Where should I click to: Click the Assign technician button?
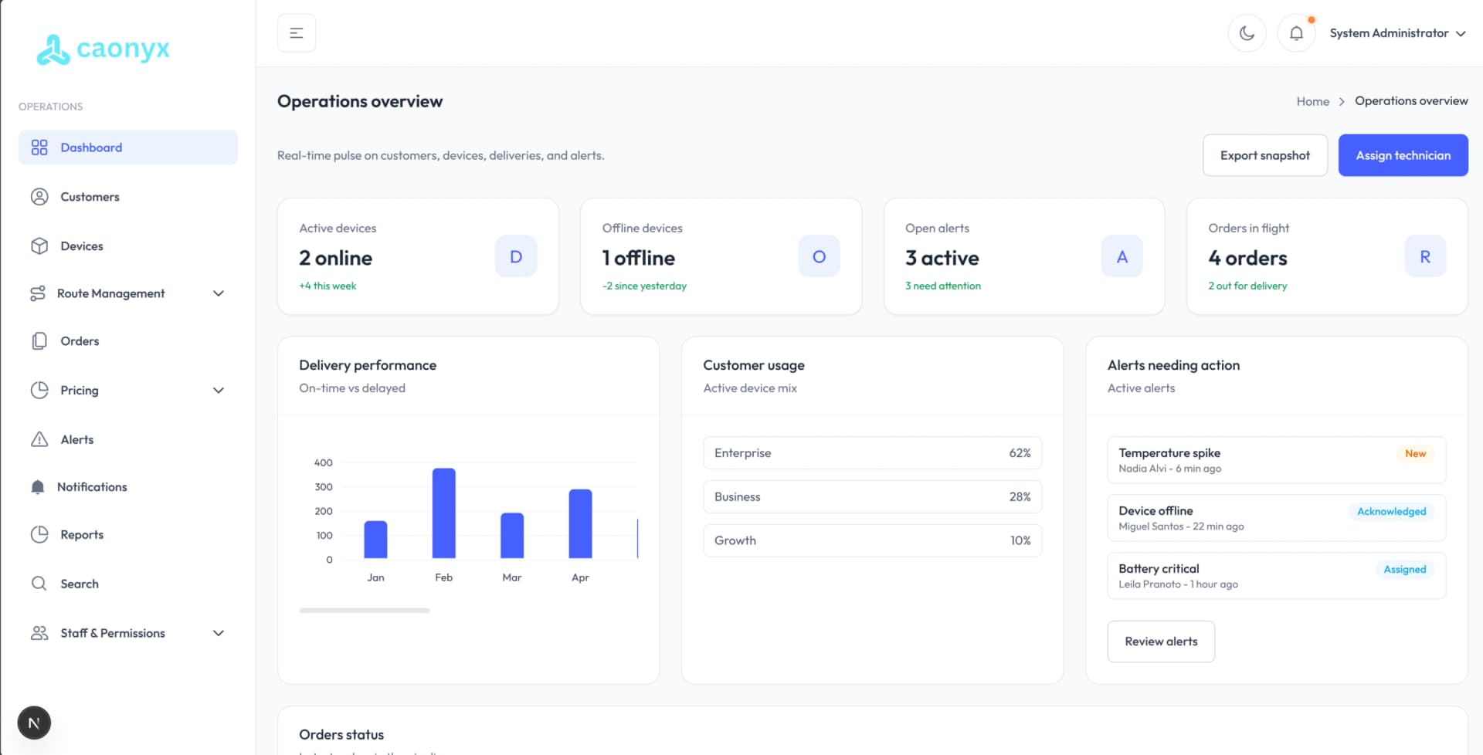click(x=1403, y=155)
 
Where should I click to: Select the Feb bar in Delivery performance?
click(x=443, y=513)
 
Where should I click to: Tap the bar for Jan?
click(x=375, y=539)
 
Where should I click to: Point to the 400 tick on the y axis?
click(x=323, y=462)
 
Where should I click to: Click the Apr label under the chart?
click(x=580, y=577)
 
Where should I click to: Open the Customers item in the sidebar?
click(x=90, y=197)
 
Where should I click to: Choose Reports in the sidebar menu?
click(x=82, y=534)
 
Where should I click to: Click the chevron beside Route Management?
click(x=219, y=293)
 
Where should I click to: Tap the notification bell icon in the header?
click(x=1296, y=33)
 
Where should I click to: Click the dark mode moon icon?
click(x=1247, y=33)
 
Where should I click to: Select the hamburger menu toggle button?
click(x=297, y=33)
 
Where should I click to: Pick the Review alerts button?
click(x=1161, y=642)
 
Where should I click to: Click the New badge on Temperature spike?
click(x=1415, y=453)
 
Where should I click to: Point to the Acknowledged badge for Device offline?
click(x=1391, y=511)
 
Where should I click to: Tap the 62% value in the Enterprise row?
click(x=1020, y=453)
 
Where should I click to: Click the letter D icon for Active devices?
click(x=516, y=256)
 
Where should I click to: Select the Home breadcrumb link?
click(x=1312, y=101)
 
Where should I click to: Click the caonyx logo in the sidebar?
click(x=104, y=49)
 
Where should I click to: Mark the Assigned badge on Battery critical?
click(x=1404, y=569)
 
